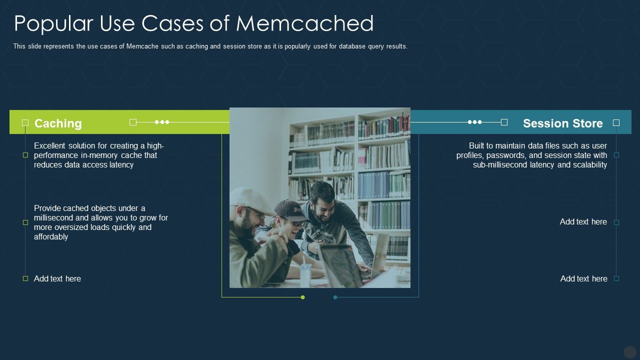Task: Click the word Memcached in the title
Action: click(304, 23)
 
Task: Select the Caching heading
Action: click(58, 123)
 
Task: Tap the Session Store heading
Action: click(562, 123)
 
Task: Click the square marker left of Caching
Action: click(25, 122)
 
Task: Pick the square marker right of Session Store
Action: click(616, 122)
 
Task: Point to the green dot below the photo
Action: click(302, 297)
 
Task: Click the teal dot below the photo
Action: click(335, 297)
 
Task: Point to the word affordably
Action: click(51, 236)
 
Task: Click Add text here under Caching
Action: click(57, 278)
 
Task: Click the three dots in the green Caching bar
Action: click(162, 122)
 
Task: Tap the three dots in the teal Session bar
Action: click(475, 122)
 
